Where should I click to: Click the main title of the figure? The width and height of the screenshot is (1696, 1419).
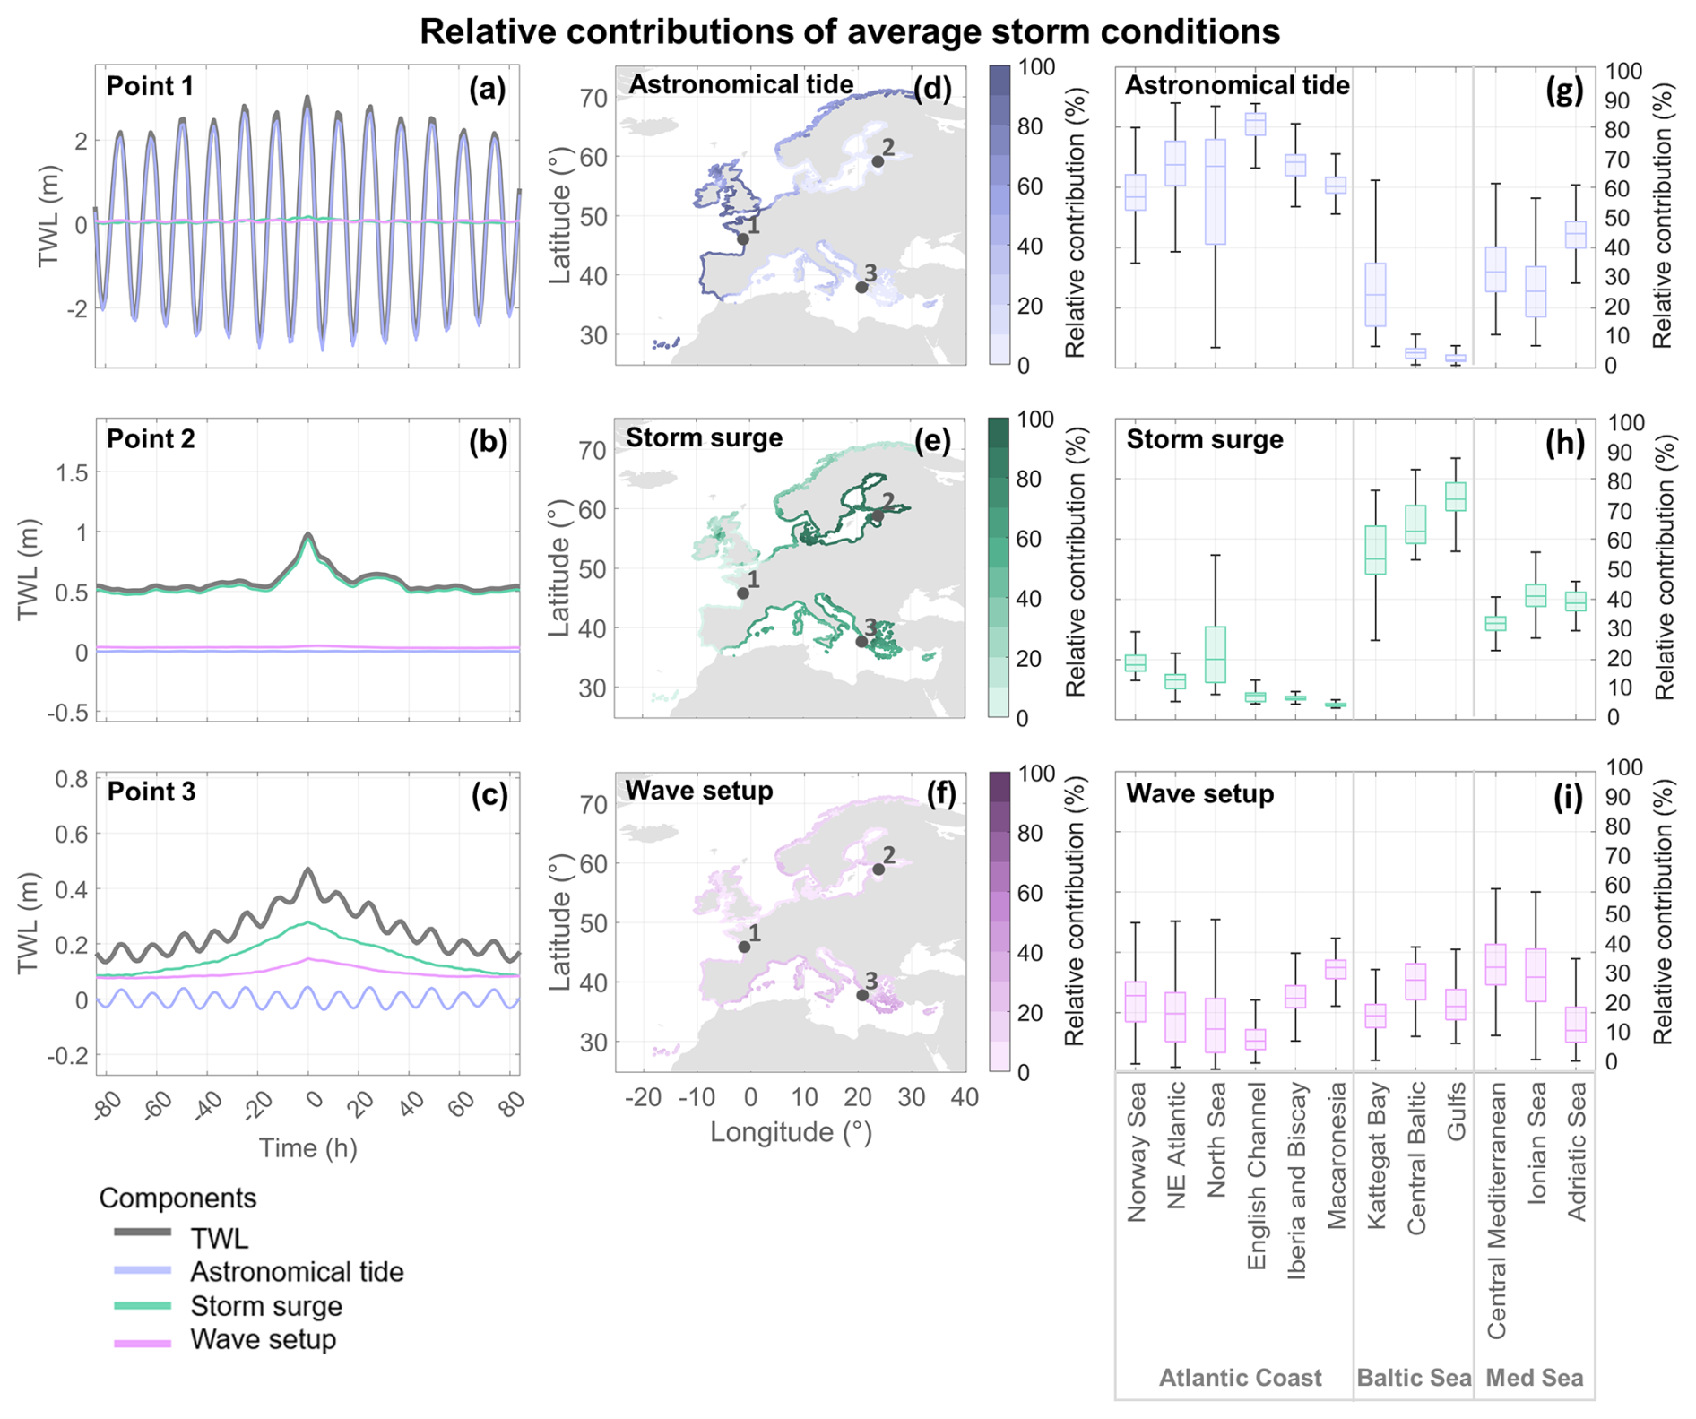pyautogui.click(x=849, y=32)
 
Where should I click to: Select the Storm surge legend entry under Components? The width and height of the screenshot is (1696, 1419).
pyautogui.click(x=265, y=1306)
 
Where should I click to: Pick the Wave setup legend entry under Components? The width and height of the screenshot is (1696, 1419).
pyautogui.click(x=263, y=1340)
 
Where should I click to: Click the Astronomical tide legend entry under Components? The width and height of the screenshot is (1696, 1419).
pyautogui.click(x=296, y=1272)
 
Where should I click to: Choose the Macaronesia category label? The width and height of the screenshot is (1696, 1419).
pyautogui.click(x=1337, y=1156)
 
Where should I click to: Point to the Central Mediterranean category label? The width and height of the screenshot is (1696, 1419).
pyautogui.click(x=1496, y=1211)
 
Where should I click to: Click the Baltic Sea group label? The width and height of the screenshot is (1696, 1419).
pyautogui.click(x=1414, y=1378)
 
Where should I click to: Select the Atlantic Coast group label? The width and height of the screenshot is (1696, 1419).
pyautogui.click(x=1240, y=1378)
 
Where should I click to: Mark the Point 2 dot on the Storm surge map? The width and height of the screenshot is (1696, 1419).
pyautogui.click(x=878, y=516)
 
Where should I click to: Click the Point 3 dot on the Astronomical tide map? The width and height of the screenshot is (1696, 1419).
pyautogui.click(x=861, y=288)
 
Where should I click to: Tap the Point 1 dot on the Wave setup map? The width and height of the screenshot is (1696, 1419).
pyautogui.click(x=744, y=947)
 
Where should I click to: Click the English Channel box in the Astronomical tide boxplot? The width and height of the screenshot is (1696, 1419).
pyautogui.click(x=1256, y=124)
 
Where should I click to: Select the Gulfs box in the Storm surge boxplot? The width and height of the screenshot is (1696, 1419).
pyautogui.click(x=1456, y=497)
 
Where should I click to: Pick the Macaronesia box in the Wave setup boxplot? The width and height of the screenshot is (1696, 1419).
pyautogui.click(x=1336, y=969)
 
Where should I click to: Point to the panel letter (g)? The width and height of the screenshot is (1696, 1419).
pyautogui.click(x=1564, y=91)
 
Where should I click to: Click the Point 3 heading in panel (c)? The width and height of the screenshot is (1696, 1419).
pyautogui.click(x=151, y=792)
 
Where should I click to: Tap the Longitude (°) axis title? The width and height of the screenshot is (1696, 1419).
pyautogui.click(x=791, y=1133)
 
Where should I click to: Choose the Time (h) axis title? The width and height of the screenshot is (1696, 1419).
pyautogui.click(x=307, y=1148)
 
